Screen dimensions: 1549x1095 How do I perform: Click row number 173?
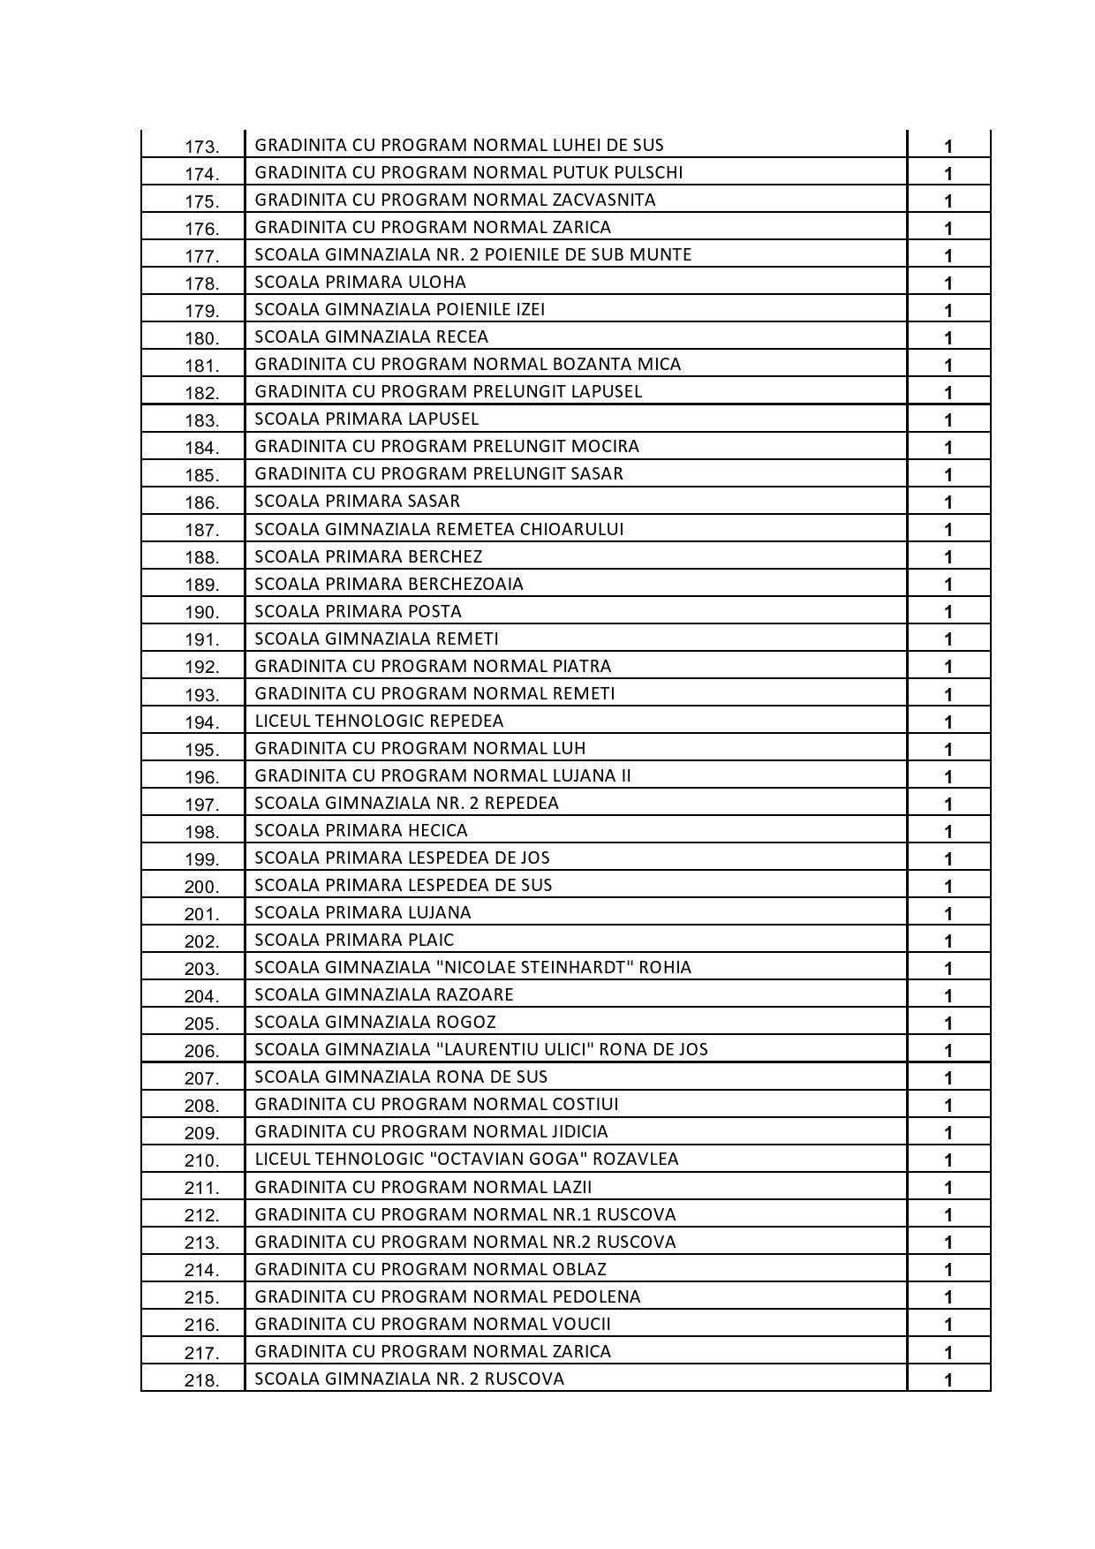coord(201,147)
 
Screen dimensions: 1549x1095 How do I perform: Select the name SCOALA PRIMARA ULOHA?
coord(360,283)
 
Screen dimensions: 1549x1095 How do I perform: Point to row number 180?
coord(201,339)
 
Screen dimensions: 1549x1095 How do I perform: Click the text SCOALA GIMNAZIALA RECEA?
coord(371,337)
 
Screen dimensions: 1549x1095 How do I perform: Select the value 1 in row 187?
coord(948,530)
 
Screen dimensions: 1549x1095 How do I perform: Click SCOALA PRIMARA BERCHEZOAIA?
coord(389,585)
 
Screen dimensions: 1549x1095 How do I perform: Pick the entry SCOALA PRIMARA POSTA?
coord(358,612)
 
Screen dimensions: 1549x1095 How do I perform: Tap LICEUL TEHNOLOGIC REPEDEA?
coord(379,722)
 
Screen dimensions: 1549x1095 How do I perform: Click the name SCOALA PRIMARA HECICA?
coord(361,831)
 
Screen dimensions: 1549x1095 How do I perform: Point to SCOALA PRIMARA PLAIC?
coord(354,941)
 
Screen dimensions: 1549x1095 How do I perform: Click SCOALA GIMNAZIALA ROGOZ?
coord(375,1023)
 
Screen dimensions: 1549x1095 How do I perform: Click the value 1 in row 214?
coord(948,1270)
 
